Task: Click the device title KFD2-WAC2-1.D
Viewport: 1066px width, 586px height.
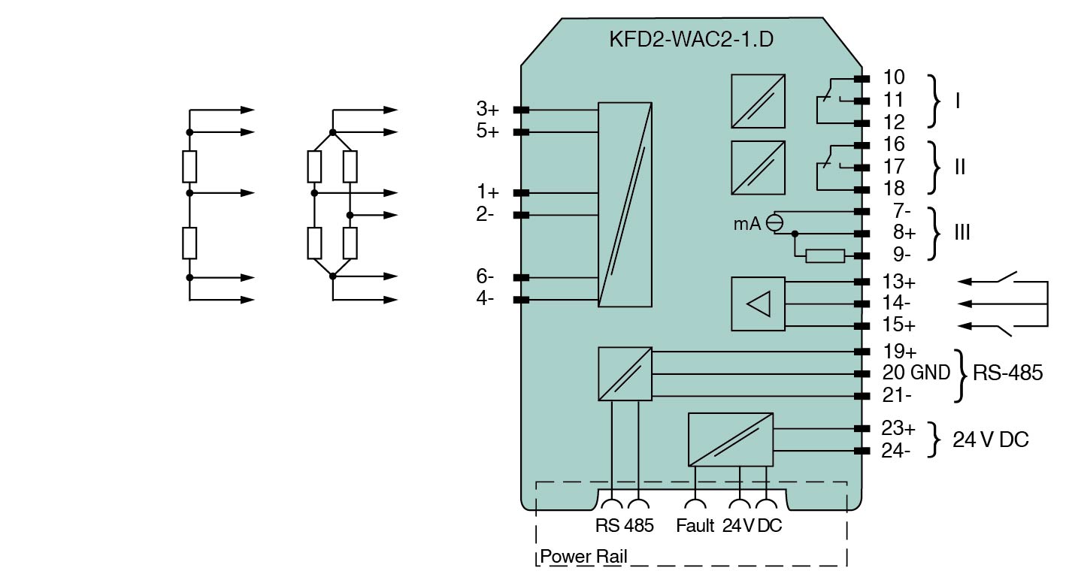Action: click(690, 39)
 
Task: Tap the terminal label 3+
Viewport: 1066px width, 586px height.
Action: click(486, 110)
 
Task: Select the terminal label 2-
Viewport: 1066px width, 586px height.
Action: click(485, 215)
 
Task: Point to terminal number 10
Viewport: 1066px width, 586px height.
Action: click(894, 77)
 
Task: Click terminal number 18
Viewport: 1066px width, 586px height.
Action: click(894, 189)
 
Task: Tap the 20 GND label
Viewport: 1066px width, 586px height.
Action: click(916, 373)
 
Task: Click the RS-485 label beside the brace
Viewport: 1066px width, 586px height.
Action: click(1007, 373)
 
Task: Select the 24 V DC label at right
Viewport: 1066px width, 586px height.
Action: click(990, 439)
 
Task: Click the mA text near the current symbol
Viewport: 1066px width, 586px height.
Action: click(747, 223)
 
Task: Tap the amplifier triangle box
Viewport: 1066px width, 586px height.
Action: click(758, 304)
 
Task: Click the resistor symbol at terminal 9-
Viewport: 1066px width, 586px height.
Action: click(825, 256)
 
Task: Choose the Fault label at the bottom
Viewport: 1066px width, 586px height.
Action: click(695, 526)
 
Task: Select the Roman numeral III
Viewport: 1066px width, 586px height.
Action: click(962, 233)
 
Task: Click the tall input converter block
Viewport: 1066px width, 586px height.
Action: click(625, 204)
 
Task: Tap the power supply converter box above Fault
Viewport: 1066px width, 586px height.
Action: click(730, 439)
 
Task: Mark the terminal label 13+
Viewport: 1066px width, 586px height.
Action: click(898, 282)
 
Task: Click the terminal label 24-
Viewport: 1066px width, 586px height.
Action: click(896, 451)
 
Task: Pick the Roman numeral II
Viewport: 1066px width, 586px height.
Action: click(959, 167)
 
